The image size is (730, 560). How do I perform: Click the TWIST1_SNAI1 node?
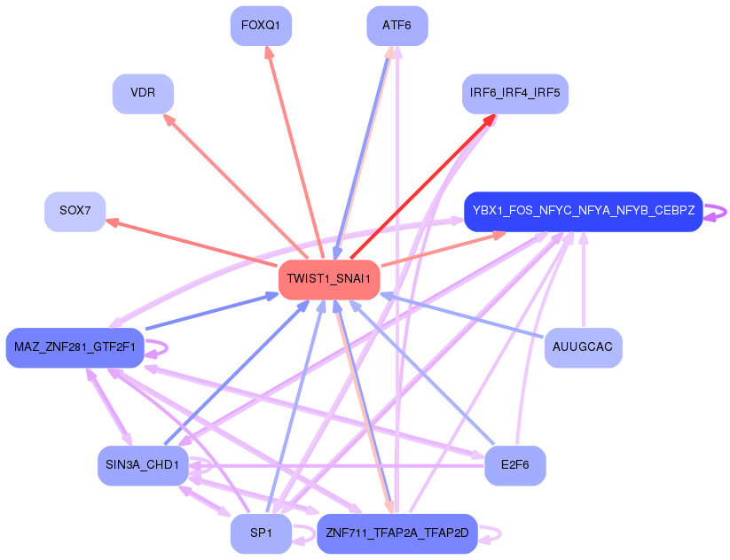tap(330, 280)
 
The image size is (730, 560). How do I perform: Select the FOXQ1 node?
tap(261, 26)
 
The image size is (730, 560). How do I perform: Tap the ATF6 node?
tap(396, 26)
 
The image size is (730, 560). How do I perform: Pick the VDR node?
tap(143, 94)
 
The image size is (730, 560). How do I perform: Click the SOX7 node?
tap(75, 211)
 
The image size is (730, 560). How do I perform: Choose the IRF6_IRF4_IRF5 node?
tap(514, 94)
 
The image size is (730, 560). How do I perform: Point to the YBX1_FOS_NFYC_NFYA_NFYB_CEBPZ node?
tap(583, 211)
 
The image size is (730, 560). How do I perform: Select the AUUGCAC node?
tap(583, 346)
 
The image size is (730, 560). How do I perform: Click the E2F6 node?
tap(514, 465)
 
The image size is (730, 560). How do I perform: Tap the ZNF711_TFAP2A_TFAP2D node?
tap(396, 533)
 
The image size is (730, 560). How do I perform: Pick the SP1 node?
tap(261, 533)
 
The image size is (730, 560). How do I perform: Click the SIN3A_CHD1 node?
tap(143, 465)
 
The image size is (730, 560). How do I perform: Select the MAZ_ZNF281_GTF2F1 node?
tap(75, 346)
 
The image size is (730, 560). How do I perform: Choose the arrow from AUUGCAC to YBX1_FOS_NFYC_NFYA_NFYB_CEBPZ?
tap(583, 284)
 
